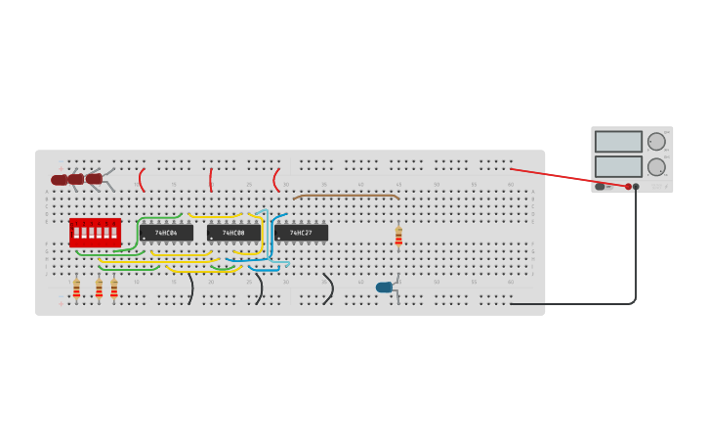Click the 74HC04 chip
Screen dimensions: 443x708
[x=165, y=233]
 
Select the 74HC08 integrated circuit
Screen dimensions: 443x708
[x=233, y=233]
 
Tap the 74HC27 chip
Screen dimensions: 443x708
[x=301, y=233]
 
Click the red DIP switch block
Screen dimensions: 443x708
[x=95, y=233]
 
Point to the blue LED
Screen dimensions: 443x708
[x=385, y=288]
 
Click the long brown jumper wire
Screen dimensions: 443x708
[x=346, y=196]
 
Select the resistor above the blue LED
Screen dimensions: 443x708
[x=398, y=236]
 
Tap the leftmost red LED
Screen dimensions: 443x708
[x=60, y=180]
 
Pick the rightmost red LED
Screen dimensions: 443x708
[x=94, y=179]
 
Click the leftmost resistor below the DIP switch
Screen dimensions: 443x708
[x=76, y=289]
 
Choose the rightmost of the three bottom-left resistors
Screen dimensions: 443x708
[x=114, y=288]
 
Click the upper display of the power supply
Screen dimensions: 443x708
[x=618, y=142]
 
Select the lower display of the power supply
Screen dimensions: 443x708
[x=618, y=166]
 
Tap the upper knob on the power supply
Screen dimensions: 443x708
[x=656, y=142]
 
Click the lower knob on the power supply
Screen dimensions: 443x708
[x=656, y=167]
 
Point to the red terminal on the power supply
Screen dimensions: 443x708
[x=628, y=187]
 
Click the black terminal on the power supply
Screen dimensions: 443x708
[x=636, y=187]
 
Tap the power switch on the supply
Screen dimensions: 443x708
[x=601, y=187]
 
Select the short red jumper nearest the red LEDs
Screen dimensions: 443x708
[x=142, y=180]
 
